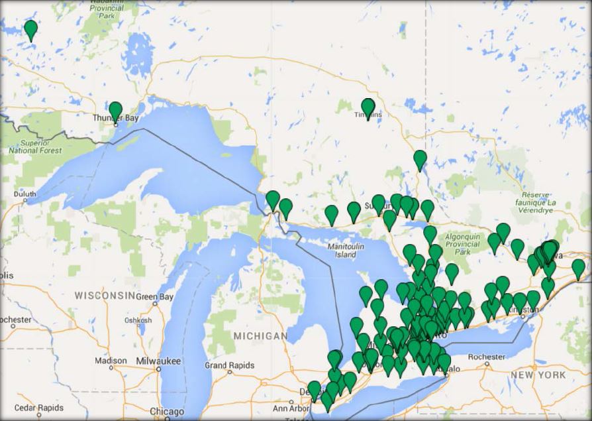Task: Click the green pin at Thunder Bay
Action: point(115,110)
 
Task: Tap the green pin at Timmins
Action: point(368,107)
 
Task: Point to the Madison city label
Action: point(110,360)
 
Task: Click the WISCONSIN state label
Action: point(105,294)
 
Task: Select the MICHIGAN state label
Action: point(261,336)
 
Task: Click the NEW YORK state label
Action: point(538,375)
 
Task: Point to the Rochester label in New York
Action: point(487,357)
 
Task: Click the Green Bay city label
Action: point(154,296)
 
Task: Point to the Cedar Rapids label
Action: point(39,408)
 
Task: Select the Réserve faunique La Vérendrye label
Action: point(545,202)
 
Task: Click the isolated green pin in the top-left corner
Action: point(30,29)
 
